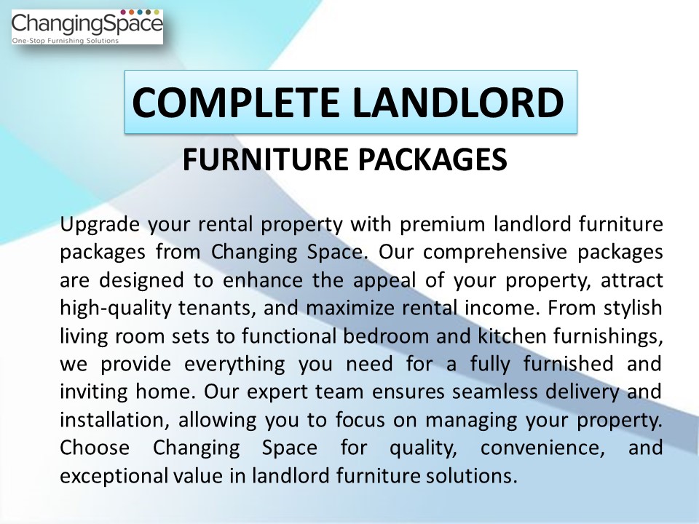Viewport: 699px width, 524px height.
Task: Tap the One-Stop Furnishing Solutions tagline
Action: pyautogui.click(x=66, y=41)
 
